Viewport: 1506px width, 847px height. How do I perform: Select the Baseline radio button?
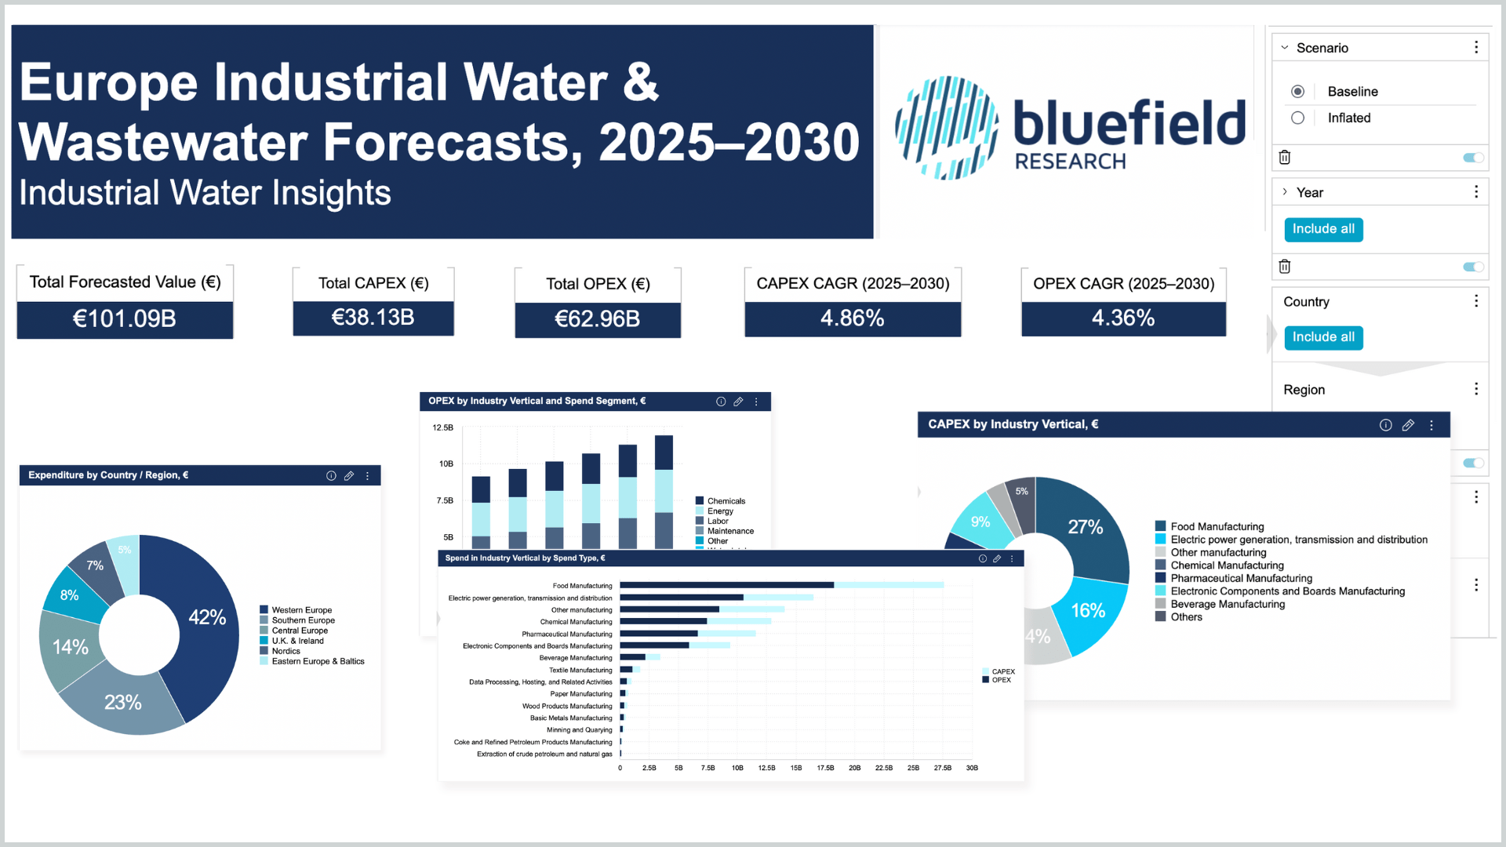pos(1298,92)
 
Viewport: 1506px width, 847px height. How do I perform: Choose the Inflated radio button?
pos(1298,118)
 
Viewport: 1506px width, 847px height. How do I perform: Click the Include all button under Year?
pos(1323,229)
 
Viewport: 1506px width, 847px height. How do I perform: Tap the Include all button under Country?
pos(1323,337)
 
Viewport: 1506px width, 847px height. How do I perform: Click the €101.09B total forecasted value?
pos(125,319)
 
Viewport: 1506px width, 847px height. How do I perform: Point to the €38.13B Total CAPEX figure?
pos(373,318)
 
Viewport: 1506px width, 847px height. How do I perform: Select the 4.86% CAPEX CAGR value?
pos(852,318)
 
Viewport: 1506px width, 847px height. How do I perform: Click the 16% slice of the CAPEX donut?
pos(1088,610)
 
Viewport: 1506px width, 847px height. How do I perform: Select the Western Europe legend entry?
pos(301,610)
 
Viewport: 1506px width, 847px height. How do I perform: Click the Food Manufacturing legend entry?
pos(1217,527)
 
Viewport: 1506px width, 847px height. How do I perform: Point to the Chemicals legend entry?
pos(726,501)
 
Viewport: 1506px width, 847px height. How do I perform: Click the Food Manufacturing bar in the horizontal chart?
pos(726,585)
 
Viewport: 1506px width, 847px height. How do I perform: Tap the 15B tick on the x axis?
pos(796,769)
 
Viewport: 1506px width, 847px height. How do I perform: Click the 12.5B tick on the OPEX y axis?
pos(442,428)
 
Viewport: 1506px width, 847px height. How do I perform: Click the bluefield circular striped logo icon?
pos(947,128)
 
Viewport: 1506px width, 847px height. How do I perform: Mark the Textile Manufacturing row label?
pos(580,671)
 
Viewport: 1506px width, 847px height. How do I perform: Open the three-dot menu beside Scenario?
pos(1476,48)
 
